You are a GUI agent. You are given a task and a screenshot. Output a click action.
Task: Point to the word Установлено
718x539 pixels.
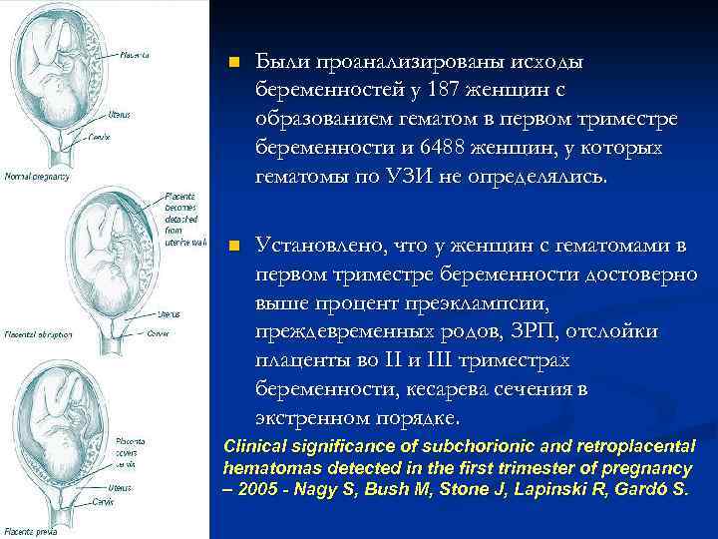pos(319,245)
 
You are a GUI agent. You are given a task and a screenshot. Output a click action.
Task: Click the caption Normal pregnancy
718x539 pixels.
pos(37,177)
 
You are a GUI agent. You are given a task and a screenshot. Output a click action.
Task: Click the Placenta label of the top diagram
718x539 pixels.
pos(136,55)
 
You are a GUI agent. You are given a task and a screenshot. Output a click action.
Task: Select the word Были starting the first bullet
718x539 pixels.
pos(282,62)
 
